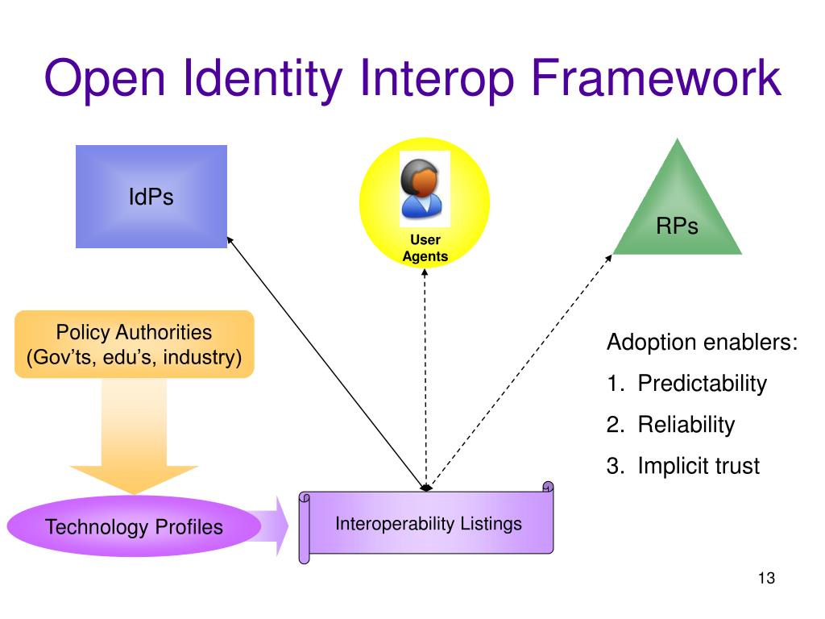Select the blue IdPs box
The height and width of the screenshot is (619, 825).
tap(151, 197)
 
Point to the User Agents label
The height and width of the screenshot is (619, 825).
tap(425, 248)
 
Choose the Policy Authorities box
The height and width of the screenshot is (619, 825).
tap(134, 344)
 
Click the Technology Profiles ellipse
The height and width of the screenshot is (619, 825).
tap(134, 527)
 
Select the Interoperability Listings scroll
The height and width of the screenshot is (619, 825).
tap(428, 524)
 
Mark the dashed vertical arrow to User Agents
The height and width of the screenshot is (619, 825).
tap(425, 379)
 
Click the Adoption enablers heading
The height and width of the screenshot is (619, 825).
tap(702, 343)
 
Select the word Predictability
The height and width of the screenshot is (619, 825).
tap(702, 384)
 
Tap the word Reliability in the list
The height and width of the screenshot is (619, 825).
tap(686, 425)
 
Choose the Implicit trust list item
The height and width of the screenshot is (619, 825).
tap(698, 466)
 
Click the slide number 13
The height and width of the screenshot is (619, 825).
tap(765, 578)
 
